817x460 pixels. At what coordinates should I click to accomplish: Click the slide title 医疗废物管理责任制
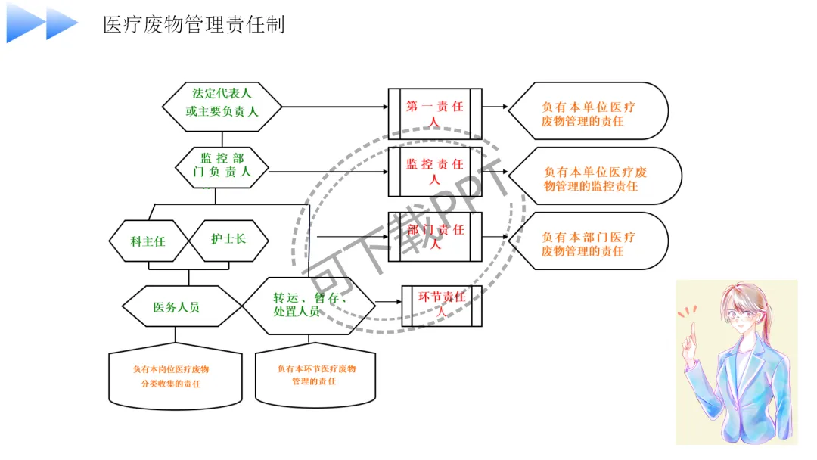(x=194, y=24)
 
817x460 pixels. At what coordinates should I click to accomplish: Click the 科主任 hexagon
(x=148, y=241)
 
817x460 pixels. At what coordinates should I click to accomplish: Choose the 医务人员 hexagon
(x=176, y=306)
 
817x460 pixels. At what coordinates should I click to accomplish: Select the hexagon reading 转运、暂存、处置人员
(x=309, y=305)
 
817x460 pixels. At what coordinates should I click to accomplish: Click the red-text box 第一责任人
(x=434, y=113)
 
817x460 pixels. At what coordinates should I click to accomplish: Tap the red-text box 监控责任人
(x=434, y=171)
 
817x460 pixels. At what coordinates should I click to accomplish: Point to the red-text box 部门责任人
(x=434, y=236)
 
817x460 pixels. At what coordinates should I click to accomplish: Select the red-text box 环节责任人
(x=441, y=304)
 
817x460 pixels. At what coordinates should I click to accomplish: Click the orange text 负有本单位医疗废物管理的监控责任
(x=595, y=179)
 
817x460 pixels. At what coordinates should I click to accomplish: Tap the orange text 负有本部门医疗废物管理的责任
(x=589, y=244)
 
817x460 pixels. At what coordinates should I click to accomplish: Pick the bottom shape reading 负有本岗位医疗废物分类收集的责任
(x=175, y=377)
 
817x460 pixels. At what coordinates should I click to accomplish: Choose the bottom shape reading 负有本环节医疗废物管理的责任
(x=315, y=375)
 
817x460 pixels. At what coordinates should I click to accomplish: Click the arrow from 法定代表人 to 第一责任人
(x=333, y=107)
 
